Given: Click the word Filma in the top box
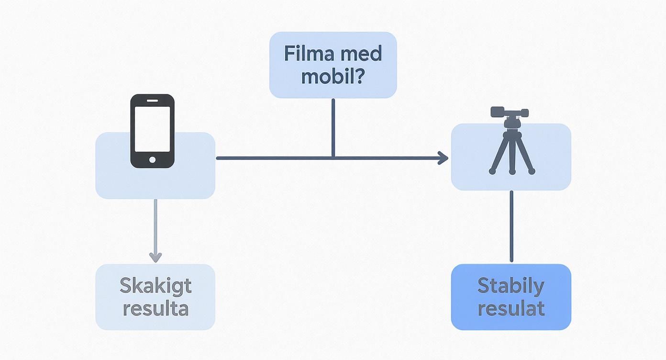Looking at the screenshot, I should click(x=308, y=53).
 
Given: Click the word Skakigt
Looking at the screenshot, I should click(x=155, y=286).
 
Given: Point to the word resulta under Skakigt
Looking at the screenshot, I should click(x=155, y=308).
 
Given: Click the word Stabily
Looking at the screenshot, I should click(x=511, y=286).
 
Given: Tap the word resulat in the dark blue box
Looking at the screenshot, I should click(x=511, y=308).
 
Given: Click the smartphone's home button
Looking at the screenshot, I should click(x=152, y=159).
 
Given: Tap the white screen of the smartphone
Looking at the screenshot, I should click(x=152, y=128).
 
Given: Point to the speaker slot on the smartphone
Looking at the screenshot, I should click(x=152, y=101).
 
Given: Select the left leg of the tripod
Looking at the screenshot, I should click(x=499, y=153).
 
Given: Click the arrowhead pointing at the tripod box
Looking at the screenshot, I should click(x=443, y=157).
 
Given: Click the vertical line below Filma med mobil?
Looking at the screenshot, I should click(x=333, y=127).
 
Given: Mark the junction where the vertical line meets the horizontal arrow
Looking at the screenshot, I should click(x=333, y=157).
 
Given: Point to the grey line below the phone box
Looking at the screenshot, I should click(x=155, y=225).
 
